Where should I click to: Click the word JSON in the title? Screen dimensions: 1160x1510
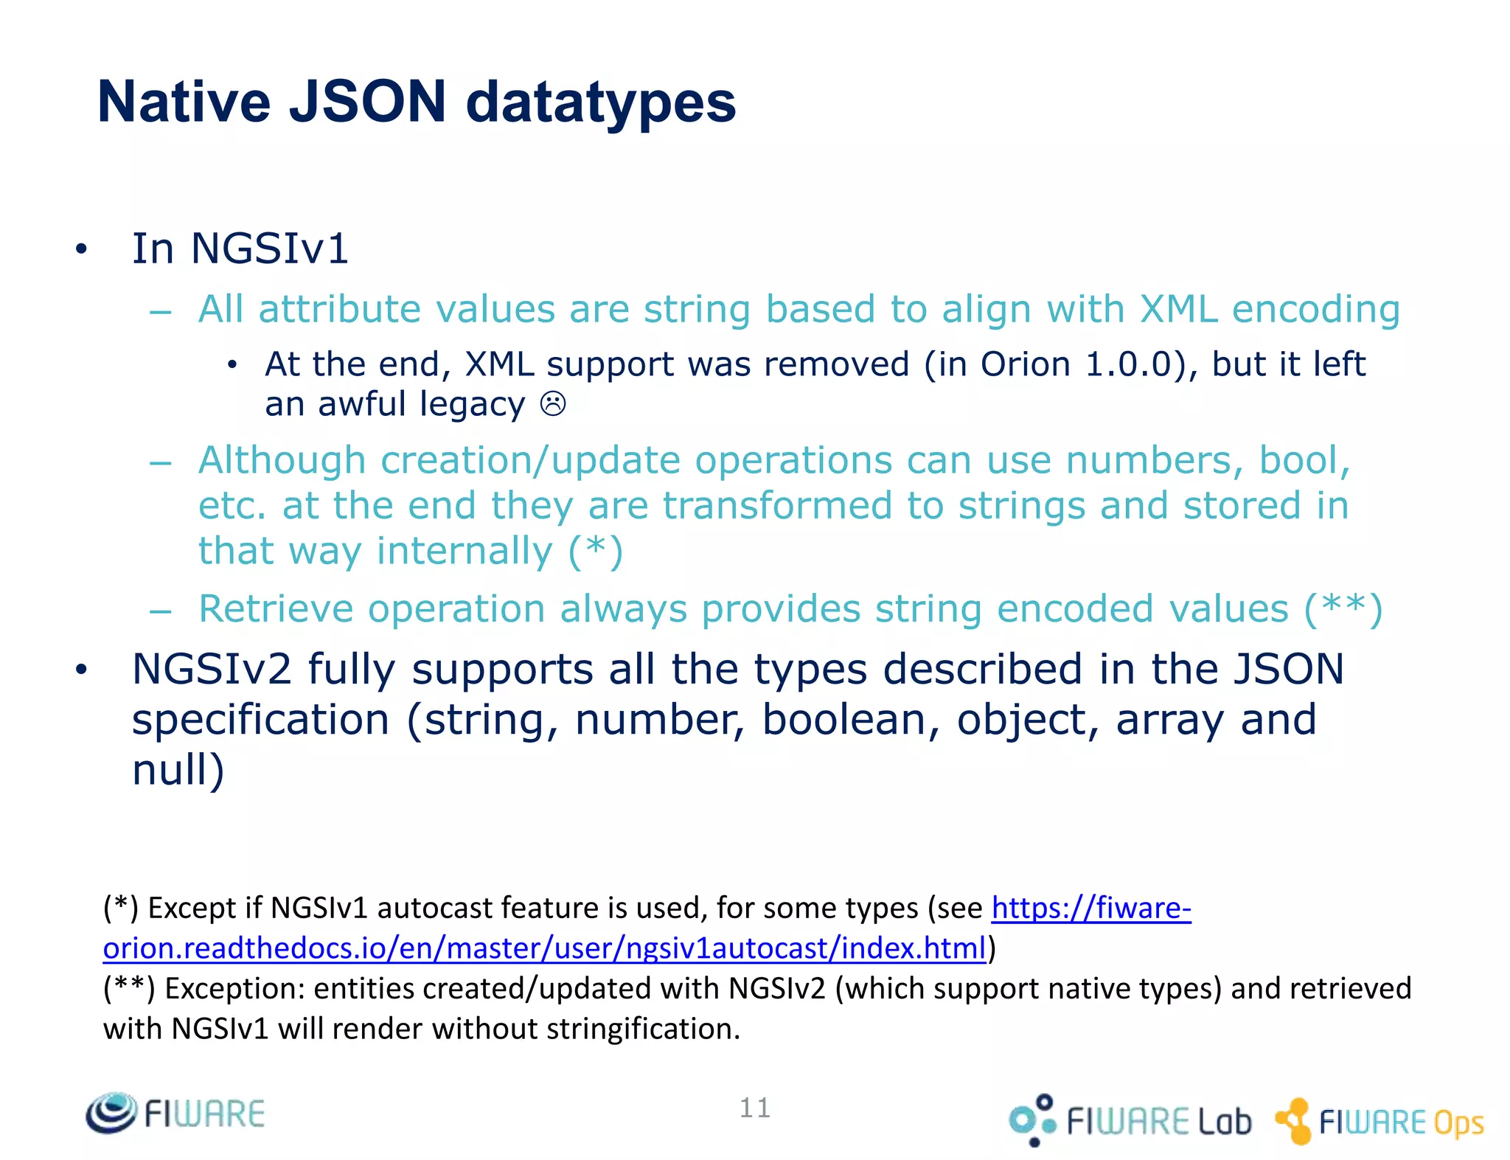coord(367,102)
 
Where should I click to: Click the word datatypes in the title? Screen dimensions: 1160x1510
coord(601,103)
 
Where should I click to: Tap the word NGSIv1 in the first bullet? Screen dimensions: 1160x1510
coord(269,249)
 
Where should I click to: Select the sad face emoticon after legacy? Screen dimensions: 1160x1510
coord(553,404)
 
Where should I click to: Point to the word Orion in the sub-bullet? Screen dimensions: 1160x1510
coord(1025,364)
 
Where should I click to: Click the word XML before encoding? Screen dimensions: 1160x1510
coord(1178,309)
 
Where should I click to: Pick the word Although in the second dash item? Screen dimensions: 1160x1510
coord(282,461)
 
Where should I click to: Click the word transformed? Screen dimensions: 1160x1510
coord(777,506)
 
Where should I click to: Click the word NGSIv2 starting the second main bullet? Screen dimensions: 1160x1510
coord(212,670)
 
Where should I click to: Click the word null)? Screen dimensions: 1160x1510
coord(178,770)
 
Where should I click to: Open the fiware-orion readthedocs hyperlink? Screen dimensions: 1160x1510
coord(544,948)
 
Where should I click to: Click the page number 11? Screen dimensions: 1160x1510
coord(754,1108)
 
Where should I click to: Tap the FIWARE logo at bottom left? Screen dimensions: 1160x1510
coord(175,1113)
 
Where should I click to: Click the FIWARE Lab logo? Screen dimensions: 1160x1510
coord(1130,1120)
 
